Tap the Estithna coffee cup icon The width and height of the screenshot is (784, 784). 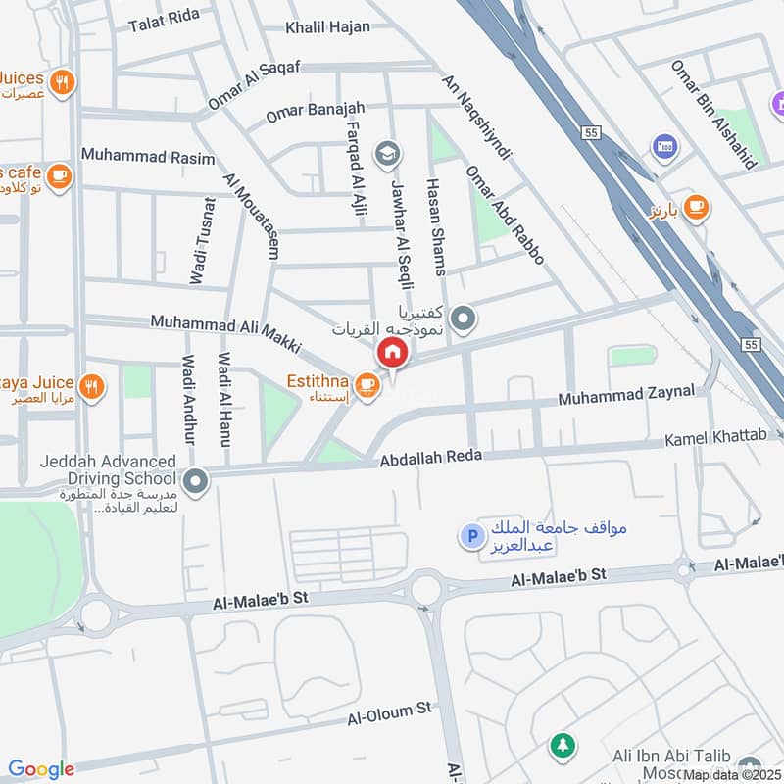pos(367,385)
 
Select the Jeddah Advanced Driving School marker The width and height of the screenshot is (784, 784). pos(196,480)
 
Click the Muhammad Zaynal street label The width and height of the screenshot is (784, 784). pos(626,395)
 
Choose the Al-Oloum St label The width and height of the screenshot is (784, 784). pos(389,712)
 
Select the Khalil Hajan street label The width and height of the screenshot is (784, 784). pos(327,27)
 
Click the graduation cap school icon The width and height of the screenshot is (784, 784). pos(387,154)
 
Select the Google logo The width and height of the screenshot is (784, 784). pos(41,769)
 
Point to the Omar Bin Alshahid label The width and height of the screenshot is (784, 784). pos(712,114)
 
